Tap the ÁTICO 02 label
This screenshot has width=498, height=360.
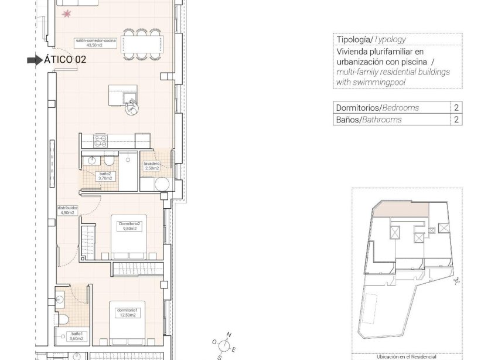coord(66,60)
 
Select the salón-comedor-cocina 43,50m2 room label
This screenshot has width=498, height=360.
coord(95,43)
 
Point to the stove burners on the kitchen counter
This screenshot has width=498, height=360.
coord(101,141)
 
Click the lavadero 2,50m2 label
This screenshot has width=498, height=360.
coord(152,166)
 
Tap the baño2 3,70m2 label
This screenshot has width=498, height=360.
coord(105,176)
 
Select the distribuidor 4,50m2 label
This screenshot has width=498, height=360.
coord(67,210)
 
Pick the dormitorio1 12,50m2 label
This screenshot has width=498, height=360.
coord(127,312)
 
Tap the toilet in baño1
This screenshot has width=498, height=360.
coord(65,318)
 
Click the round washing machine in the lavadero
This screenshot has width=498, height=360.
coord(162,184)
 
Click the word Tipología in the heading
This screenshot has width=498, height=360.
coord(354,40)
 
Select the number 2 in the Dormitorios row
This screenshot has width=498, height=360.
coord(456,108)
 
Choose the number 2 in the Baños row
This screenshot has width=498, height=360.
coord(456,120)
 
